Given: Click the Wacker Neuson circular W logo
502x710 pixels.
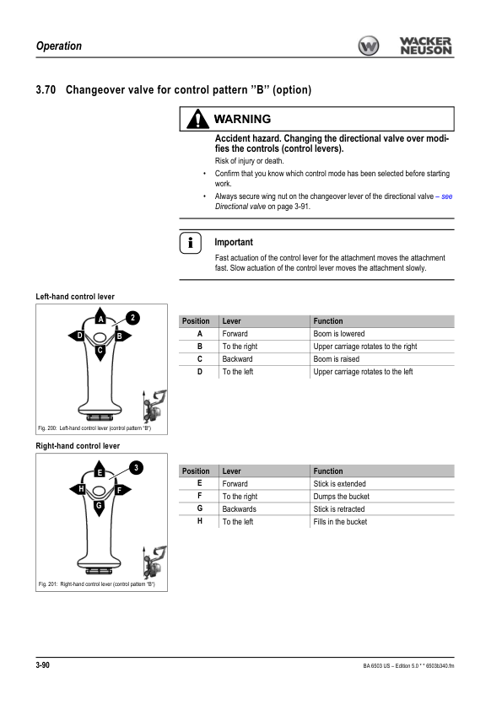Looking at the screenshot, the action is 369,46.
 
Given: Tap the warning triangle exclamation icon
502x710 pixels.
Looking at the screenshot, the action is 198,119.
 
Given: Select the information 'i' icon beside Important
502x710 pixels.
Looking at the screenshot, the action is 191,243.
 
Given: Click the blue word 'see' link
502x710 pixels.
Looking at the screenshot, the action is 446,196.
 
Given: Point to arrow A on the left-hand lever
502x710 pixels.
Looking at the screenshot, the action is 100,316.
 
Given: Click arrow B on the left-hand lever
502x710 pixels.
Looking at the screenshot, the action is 122,336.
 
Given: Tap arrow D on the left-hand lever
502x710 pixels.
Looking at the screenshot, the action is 77,336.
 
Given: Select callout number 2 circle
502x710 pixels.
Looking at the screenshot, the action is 132,318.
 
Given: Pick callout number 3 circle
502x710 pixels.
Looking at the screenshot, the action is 136,468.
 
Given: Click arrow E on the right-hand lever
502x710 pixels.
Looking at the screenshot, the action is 100,470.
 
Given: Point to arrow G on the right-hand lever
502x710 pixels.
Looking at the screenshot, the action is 99,508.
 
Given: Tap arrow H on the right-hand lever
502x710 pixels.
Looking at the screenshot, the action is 78,489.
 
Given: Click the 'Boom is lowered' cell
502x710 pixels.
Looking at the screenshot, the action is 339,334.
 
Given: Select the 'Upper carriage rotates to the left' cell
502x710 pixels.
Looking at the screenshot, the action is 363,372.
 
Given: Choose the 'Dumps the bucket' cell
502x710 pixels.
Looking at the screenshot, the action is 341,497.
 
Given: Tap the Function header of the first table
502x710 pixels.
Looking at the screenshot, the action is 328,321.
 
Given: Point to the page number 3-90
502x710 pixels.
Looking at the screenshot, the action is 42,664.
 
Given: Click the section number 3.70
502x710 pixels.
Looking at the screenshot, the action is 46,89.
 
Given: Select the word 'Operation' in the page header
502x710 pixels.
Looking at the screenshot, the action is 59,46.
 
